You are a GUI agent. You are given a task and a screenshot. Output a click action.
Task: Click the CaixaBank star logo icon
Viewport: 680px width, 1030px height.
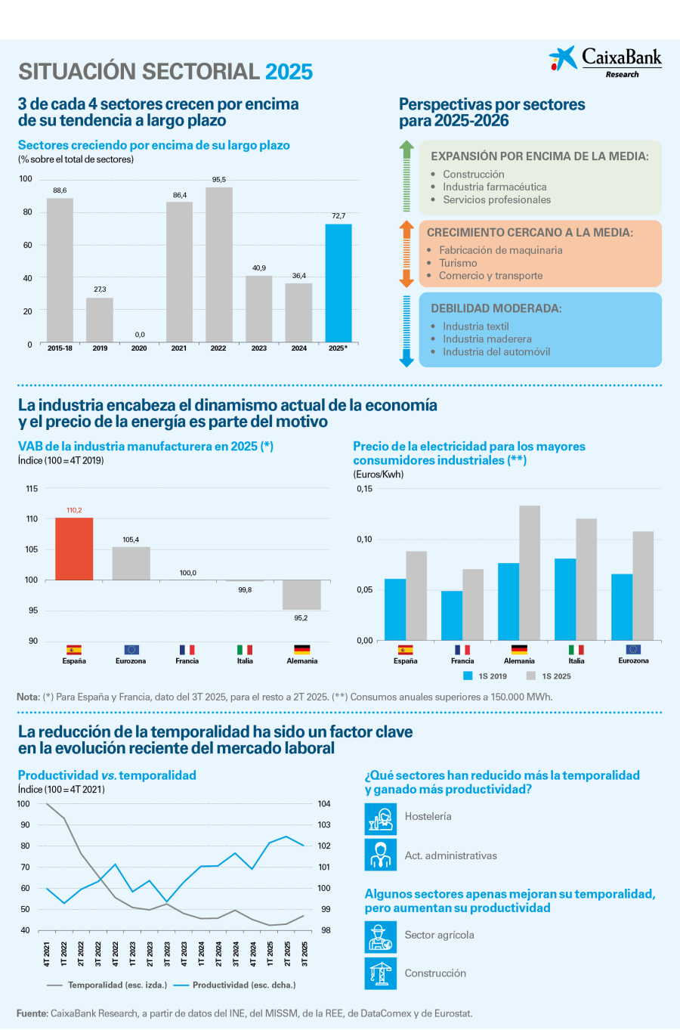pyautogui.click(x=562, y=58)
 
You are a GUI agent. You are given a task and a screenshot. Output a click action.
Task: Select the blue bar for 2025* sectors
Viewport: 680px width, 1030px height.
pyautogui.click(x=338, y=283)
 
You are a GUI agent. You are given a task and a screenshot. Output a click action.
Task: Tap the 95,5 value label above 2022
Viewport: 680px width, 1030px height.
pyautogui.click(x=218, y=180)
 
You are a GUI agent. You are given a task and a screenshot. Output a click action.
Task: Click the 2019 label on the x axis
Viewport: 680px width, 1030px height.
pyautogui.click(x=100, y=348)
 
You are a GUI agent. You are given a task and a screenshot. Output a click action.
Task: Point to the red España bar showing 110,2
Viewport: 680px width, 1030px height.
pyautogui.click(x=74, y=549)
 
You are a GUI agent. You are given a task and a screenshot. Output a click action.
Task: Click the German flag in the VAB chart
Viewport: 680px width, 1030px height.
pyautogui.click(x=301, y=649)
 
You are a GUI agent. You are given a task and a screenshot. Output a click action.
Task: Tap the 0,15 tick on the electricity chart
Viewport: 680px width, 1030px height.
pyautogui.click(x=364, y=489)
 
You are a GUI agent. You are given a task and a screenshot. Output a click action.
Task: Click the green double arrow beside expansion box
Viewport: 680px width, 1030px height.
pyautogui.click(x=406, y=176)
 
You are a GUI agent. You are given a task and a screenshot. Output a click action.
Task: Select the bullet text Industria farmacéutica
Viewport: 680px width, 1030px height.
pyautogui.click(x=494, y=187)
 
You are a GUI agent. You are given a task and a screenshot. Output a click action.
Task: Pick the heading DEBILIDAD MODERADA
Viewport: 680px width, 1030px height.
pyautogui.click(x=496, y=308)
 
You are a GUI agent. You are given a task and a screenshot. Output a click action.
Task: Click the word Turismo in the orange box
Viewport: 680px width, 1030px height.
pyautogui.click(x=458, y=263)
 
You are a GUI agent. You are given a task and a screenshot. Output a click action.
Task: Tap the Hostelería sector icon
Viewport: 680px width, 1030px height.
pyautogui.click(x=380, y=818)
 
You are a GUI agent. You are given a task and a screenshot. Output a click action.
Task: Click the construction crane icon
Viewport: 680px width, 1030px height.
pyautogui.click(x=380, y=973)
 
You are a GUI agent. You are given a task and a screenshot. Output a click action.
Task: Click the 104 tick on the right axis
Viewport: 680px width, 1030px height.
pyautogui.click(x=324, y=804)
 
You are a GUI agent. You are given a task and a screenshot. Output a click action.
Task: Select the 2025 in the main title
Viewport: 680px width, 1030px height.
pyautogui.click(x=289, y=72)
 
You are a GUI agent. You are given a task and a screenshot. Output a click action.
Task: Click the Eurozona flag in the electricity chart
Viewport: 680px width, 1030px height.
pyautogui.click(x=633, y=649)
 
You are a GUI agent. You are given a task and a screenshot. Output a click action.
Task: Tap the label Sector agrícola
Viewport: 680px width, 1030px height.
pyautogui.click(x=439, y=935)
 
